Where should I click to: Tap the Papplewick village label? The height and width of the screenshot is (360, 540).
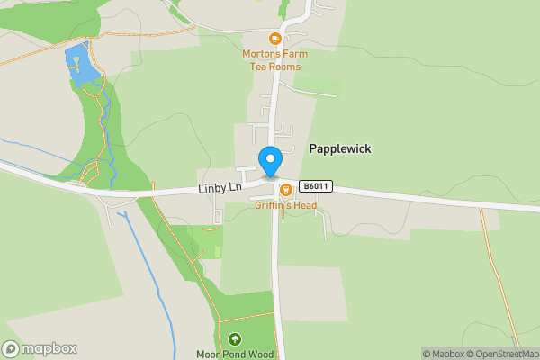tap(340, 148)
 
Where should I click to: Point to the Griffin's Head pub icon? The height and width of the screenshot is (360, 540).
tap(285, 189)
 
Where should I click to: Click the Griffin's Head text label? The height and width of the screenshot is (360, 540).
tap(285, 204)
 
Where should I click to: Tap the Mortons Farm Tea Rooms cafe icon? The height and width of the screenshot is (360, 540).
tap(274, 39)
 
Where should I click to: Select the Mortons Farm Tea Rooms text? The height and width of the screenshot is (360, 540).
tap(274, 60)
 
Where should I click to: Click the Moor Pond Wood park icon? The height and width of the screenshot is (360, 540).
tap(235, 339)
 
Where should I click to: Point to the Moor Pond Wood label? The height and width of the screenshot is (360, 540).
tap(235, 354)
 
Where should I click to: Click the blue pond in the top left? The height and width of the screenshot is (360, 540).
tap(77, 66)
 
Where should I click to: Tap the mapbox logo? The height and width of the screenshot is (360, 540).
tap(39, 348)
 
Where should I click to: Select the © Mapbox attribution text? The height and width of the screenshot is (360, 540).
tap(443, 354)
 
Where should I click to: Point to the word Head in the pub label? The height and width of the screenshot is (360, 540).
tap(304, 204)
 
